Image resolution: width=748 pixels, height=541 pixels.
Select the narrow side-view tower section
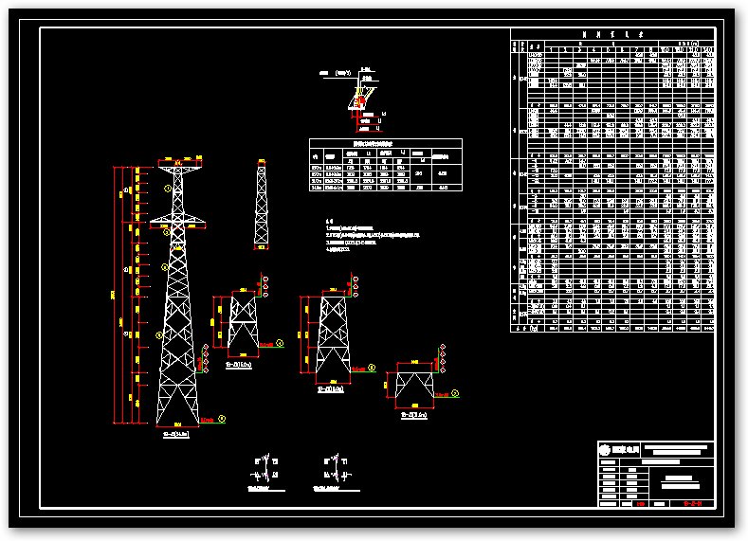[x=261, y=207]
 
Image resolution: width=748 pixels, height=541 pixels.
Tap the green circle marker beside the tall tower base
[x=222, y=417]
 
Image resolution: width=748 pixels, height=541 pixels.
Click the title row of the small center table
[x=385, y=143]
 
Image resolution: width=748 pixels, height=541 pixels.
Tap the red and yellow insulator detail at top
[x=359, y=100]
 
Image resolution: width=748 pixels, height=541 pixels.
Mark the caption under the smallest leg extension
[x=414, y=415]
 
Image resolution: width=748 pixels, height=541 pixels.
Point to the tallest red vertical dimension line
[x=117, y=294]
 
